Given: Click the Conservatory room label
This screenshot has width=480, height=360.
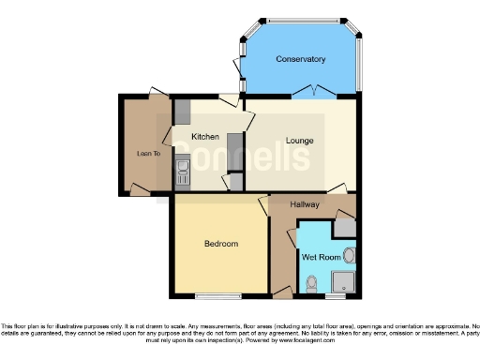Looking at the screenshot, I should (300, 59).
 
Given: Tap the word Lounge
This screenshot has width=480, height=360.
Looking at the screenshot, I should (300, 142).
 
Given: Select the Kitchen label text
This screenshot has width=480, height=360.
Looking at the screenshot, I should (205, 137).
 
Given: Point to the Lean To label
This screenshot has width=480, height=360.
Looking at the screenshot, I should (148, 154).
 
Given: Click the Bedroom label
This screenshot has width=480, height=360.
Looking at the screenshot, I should (221, 244).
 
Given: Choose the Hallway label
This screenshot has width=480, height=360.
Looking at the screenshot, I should (305, 204).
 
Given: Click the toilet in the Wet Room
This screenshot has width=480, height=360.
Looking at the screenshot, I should (310, 280).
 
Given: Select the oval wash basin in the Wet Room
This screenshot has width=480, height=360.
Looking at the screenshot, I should (349, 254).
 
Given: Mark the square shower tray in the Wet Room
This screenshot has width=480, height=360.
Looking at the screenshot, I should (343, 279).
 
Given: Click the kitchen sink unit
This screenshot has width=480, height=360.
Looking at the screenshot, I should (182, 172).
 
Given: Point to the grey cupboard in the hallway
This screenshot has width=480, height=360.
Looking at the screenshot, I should (345, 226).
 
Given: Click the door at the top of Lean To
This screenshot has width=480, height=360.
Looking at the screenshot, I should (153, 93).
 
